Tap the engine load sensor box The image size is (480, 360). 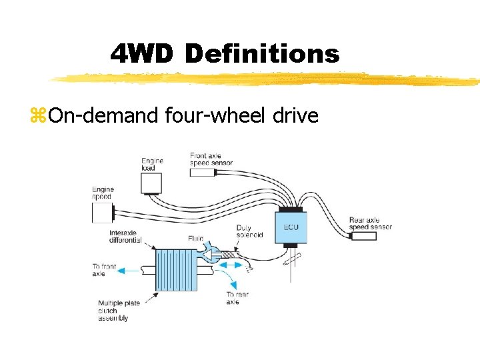click(x=151, y=183)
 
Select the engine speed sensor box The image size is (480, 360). click(x=102, y=213)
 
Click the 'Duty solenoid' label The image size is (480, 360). click(x=249, y=231)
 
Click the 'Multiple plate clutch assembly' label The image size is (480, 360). click(x=119, y=311)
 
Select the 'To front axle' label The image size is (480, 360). click(x=104, y=269)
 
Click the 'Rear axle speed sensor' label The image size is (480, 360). click(x=370, y=223)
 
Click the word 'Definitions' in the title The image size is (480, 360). click(x=261, y=54)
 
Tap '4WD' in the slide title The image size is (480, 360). click(x=142, y=54)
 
